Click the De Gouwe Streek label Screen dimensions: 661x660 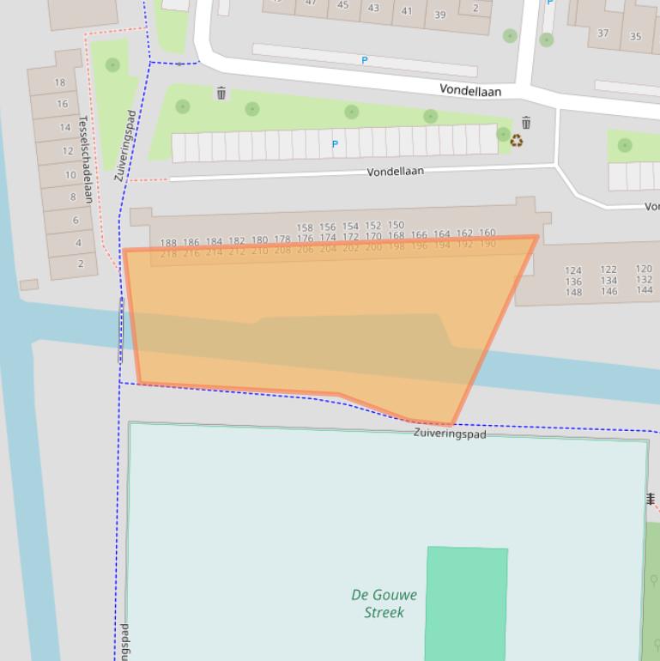384,603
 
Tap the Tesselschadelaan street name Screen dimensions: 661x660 86,159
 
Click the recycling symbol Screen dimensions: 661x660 517,141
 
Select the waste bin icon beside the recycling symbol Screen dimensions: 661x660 526,124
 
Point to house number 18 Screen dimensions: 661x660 60,82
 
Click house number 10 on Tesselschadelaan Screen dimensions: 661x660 70,174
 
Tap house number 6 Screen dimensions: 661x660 76,220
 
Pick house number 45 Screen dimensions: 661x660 343,5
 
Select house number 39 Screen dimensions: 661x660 440,15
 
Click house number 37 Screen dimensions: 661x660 603,33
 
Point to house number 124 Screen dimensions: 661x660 573,270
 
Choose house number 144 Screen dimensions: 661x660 644,290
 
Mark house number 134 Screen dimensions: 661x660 609,281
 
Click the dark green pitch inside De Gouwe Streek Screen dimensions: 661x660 466,601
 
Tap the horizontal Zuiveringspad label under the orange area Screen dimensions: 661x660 450,434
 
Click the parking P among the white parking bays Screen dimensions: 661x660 335,144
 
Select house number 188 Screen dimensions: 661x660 168,244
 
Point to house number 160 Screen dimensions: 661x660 487,233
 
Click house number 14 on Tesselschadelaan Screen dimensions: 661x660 65,128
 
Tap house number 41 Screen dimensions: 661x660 407,11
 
